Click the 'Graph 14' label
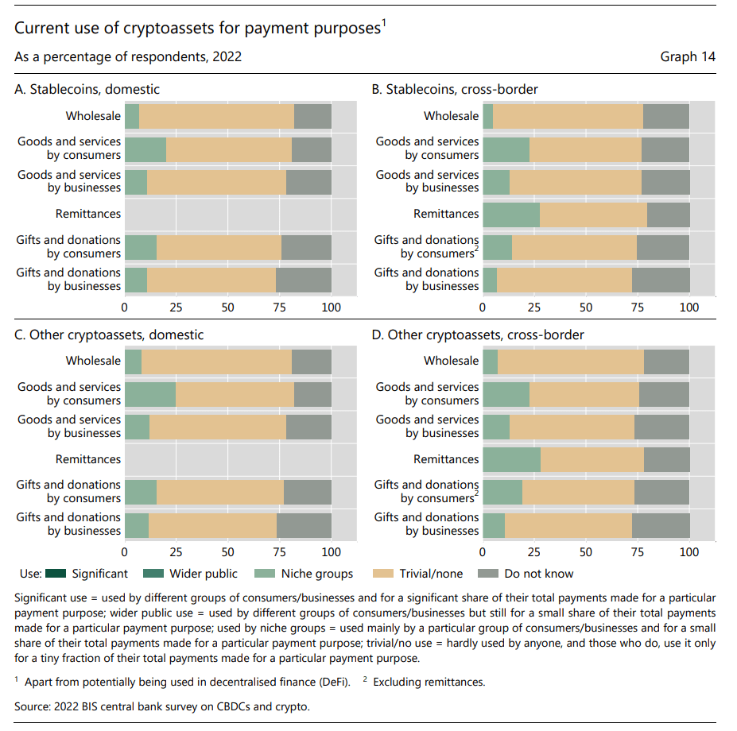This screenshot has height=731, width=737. [x=688, y=57]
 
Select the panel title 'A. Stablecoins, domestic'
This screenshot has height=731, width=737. [x=87, y=89]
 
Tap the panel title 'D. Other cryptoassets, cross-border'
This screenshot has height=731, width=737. [x=478, y=335]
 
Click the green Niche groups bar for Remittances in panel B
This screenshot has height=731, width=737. [x=511, y=214]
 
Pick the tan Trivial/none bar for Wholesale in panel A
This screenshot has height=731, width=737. [x=216, y=116]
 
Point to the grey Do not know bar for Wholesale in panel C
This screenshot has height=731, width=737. [x=312, y=361]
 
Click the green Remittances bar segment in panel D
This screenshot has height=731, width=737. [x=512, y=459]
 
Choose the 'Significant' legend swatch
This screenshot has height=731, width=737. [x=56, y=574]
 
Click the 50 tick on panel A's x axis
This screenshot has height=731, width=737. [x=228, y=307]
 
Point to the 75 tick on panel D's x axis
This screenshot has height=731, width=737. [x=638, y=552]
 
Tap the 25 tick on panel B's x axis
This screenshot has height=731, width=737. [x=534, y=307]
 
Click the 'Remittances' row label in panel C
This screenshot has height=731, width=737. [x=88, y=459]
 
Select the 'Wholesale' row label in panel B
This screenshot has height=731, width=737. [x=451, y=116]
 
